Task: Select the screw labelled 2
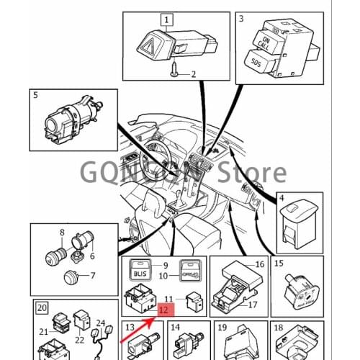[x=177, y=73]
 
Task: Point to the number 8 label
[x=62, y=233]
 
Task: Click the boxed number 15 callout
[x=279, y=264]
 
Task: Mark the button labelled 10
[x=188, y=272]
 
